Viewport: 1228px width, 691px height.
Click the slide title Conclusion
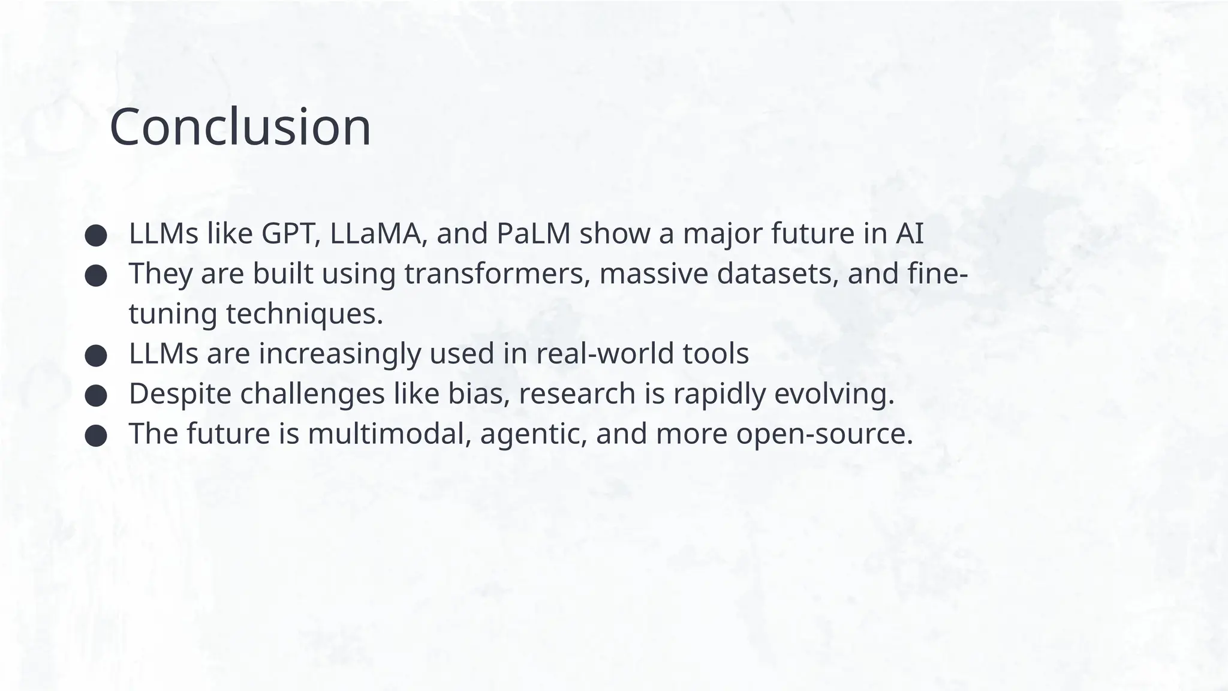240,127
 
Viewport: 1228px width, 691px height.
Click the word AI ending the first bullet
910,234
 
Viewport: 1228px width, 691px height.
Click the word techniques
304,314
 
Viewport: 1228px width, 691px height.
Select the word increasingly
340,354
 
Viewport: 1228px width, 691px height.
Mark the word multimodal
389,434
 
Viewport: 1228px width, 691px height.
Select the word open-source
824,434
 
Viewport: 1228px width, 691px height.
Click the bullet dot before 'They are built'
96,276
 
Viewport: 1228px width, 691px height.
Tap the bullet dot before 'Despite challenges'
96,396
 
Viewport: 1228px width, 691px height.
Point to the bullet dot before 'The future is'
96,436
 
